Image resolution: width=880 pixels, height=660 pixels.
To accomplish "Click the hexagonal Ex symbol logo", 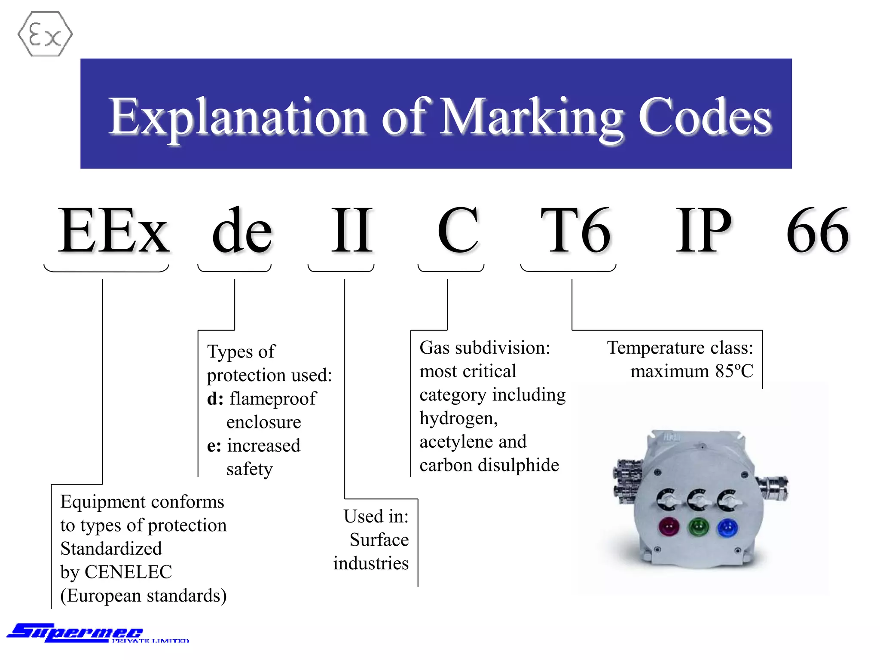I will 45,34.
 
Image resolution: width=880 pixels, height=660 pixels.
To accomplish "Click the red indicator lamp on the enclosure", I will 669,527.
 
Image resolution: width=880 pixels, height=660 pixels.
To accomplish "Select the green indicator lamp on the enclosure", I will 698,527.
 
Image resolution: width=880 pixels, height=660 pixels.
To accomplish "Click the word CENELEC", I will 128,572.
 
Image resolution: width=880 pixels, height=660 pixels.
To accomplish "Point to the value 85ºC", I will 734,371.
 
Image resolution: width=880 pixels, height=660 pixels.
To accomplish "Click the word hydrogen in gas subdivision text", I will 458,418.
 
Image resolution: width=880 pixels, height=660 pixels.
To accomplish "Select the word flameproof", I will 273,399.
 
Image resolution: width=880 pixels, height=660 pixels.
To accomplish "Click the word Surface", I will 379,540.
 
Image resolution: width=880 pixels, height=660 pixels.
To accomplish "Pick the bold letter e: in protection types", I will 214,446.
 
